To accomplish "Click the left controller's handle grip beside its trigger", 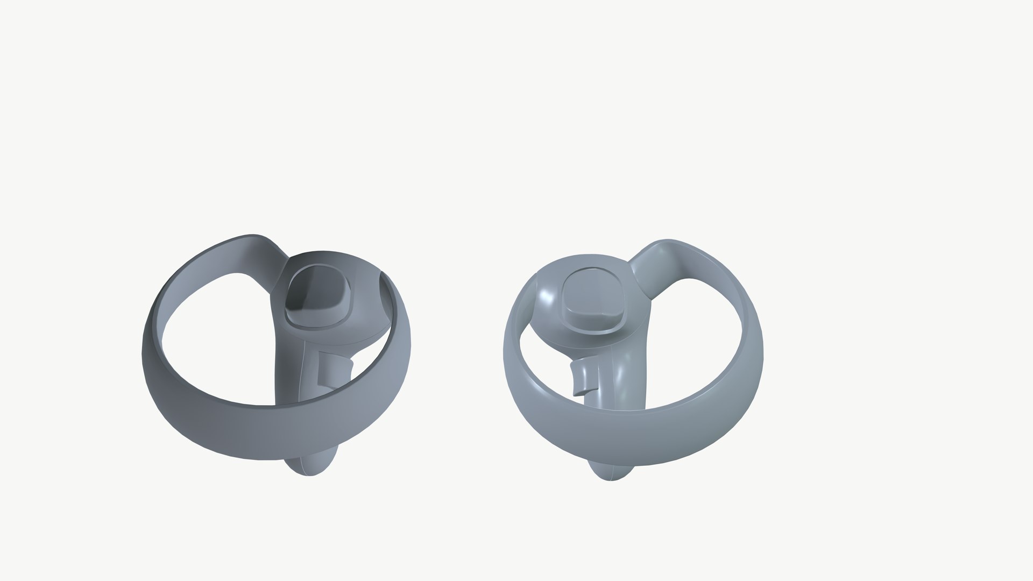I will point(293,371).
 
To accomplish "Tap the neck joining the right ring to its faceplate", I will point(643,269).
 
